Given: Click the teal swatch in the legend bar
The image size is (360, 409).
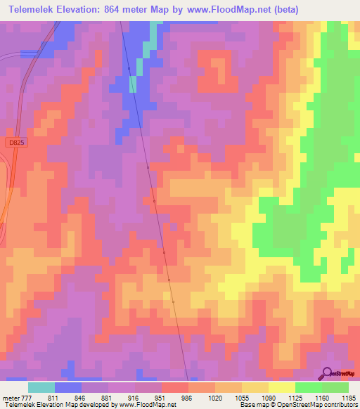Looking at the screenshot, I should click(x=41, y=387).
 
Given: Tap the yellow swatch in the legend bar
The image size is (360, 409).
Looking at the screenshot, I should click(x=281, y=387).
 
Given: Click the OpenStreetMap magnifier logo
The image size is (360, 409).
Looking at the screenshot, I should click(x=328, y=373).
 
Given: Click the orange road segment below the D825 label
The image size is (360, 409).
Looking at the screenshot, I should click(x=4, y=204).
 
